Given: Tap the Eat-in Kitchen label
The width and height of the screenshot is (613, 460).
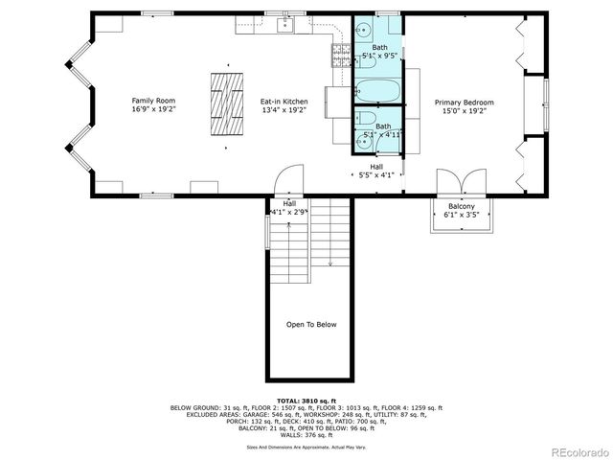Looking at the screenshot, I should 284,101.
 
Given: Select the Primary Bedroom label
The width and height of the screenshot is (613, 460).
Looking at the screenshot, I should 464,103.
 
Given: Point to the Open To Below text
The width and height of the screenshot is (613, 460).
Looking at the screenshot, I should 311,324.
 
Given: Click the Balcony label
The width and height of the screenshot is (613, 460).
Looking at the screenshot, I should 461,206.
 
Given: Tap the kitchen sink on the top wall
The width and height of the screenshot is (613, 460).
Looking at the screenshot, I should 284,26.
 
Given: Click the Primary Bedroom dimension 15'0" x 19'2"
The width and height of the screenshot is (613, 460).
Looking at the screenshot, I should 464,111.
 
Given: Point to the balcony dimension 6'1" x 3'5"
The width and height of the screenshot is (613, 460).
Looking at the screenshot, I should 461,215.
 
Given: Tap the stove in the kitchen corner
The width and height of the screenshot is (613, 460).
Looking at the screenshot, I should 340,57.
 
